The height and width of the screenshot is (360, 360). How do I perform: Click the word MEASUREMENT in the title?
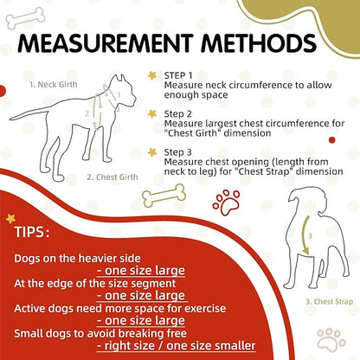tap(106, 43)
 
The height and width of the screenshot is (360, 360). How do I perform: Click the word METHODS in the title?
tap(259, 43)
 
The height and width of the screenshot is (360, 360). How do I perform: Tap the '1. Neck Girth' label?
tap(54, 85)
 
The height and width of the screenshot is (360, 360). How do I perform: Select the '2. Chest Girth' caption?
tap(112, 177)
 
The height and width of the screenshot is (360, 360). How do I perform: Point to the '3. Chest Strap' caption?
tap(329, 302)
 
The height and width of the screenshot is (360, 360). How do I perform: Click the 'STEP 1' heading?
tap(178, 75)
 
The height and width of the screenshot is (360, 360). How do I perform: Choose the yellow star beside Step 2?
tap(152, 114)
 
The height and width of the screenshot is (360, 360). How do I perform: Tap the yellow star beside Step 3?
tap(152, 152)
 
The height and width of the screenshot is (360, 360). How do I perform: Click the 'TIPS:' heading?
tap(32, 232)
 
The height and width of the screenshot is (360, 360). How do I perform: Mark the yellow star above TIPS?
tap(10, 219)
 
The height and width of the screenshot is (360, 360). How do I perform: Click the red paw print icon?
tap(226, 202)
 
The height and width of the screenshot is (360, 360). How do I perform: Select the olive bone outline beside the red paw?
tap(164, 196)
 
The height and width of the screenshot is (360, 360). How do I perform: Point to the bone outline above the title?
tap(25, 18)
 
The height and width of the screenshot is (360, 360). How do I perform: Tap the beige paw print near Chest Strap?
tap(331, 339)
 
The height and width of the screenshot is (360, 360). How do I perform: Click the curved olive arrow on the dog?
tap(303, 235)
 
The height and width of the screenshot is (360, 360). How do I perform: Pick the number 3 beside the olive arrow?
tap(310, 236)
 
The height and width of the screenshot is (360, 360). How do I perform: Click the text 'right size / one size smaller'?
tap(177, 345)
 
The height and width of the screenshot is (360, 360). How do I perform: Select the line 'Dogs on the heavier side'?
tap(77, 258)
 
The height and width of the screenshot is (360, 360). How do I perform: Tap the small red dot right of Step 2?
tap(332, 140)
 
